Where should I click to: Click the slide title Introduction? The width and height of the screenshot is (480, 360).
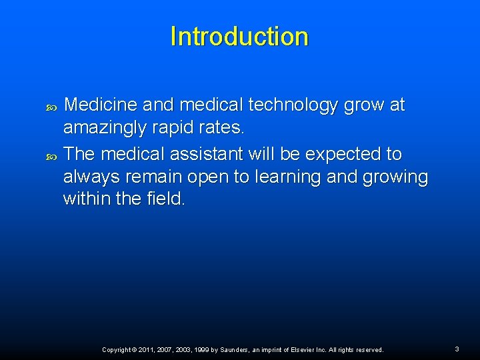coord(239,36)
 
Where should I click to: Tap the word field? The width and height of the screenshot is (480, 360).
coord(163,199)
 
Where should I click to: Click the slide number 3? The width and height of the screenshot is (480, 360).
coord(457,349)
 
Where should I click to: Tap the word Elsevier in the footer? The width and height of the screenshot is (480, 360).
coord(304,349)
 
